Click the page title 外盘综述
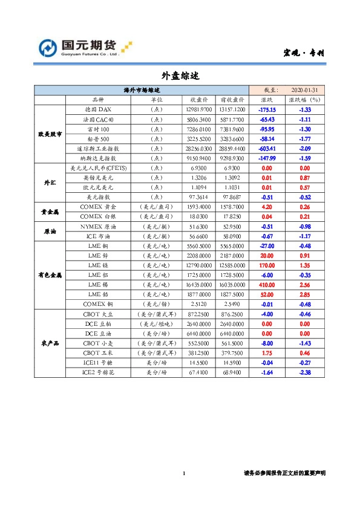click(x=180, y=76)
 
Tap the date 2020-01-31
click(x=305, y=89)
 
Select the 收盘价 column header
click(x=200, y=99)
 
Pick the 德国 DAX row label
click(x=97, y=109)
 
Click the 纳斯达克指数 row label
click(x=97, y=158)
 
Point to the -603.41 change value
click(x=267, y=148)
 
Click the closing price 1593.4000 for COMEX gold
click(x=200, y=207)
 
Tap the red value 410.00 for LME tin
click(x=267, y=284)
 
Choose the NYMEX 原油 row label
click(x=97, y=226)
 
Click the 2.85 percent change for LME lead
click(x=305, y=294)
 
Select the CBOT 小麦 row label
click(x=97, y=342)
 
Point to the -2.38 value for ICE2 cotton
click(x=305, y=373)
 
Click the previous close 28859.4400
click(x=232, y=148)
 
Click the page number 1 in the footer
click(x=183, y=473)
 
